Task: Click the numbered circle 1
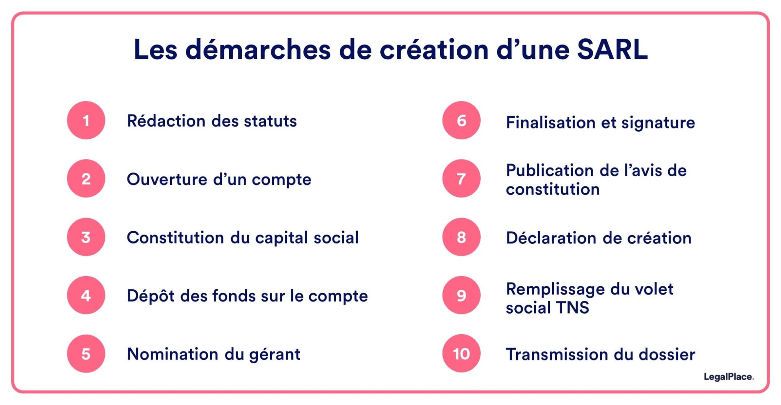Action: coord(86,120)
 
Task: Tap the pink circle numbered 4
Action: coord(86,295)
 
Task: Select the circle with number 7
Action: coord(461,178)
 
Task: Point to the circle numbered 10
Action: coord(461,353)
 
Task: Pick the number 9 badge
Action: coord(461,295)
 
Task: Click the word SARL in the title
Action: coord(612,50)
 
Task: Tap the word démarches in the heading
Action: coord(258,50)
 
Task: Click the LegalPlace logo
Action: coord(728,377)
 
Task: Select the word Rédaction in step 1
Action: coord(166,121)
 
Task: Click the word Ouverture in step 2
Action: coord(167,179)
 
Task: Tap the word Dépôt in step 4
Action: coord(151,296)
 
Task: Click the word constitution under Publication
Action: coord(553,189)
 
